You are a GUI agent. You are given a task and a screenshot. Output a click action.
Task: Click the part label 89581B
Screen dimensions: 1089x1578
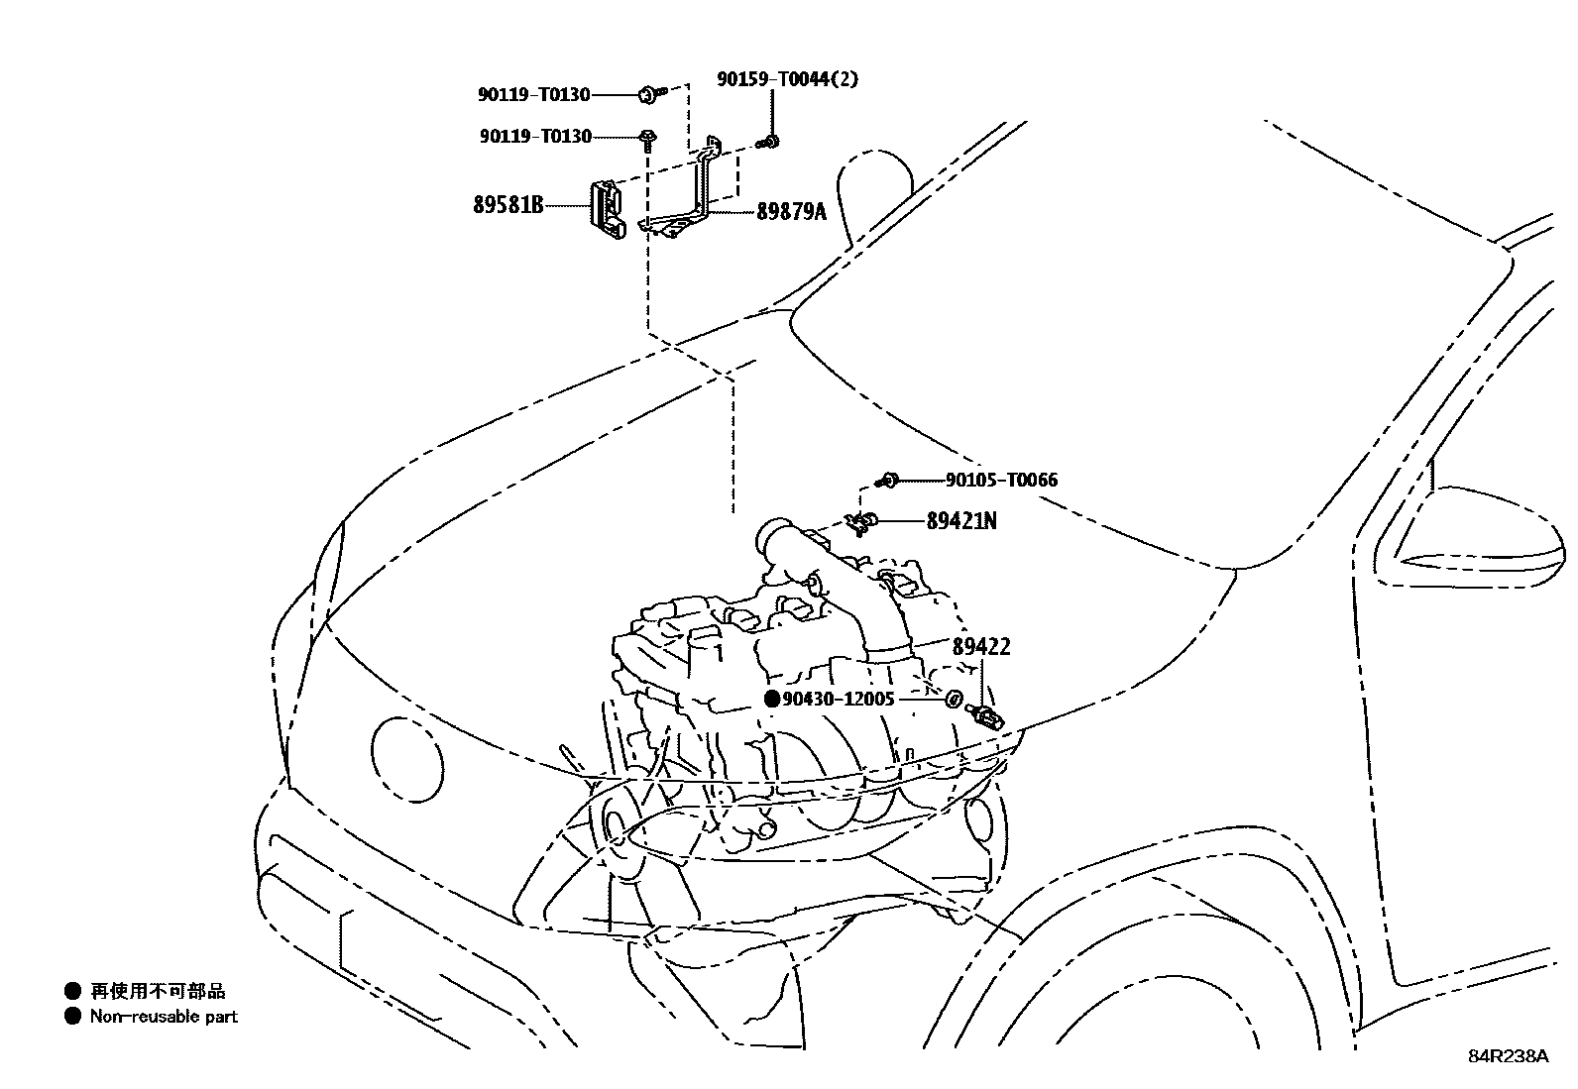coord(508,206)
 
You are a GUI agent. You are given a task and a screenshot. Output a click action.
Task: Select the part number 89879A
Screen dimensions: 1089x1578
coord(791,211)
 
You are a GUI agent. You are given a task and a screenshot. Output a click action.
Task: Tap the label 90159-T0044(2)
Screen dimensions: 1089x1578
coord(788,79)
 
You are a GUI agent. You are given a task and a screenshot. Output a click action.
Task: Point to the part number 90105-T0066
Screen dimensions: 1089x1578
coord(1001,480)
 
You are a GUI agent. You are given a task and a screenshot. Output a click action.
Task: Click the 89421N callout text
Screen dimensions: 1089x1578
coord(961,520)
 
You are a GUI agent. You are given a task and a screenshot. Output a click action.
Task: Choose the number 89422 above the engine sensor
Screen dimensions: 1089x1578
coord(981,647)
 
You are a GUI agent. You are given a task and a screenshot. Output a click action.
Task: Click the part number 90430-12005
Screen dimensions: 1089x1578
coord(839,699)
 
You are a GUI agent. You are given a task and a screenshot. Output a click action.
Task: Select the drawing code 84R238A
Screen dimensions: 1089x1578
coord(1508,1056)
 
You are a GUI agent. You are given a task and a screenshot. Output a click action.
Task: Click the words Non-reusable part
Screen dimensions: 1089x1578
coord(164,1016)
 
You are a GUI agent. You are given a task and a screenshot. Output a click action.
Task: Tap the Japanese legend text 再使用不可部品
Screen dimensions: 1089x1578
coord(158,990)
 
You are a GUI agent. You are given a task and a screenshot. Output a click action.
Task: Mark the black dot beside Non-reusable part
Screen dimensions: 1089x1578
coord(72,1016)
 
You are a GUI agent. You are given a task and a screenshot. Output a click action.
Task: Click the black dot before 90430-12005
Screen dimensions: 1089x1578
coord(772,699)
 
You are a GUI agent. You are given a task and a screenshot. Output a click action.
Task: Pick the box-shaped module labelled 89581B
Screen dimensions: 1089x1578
coord(607,211)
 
